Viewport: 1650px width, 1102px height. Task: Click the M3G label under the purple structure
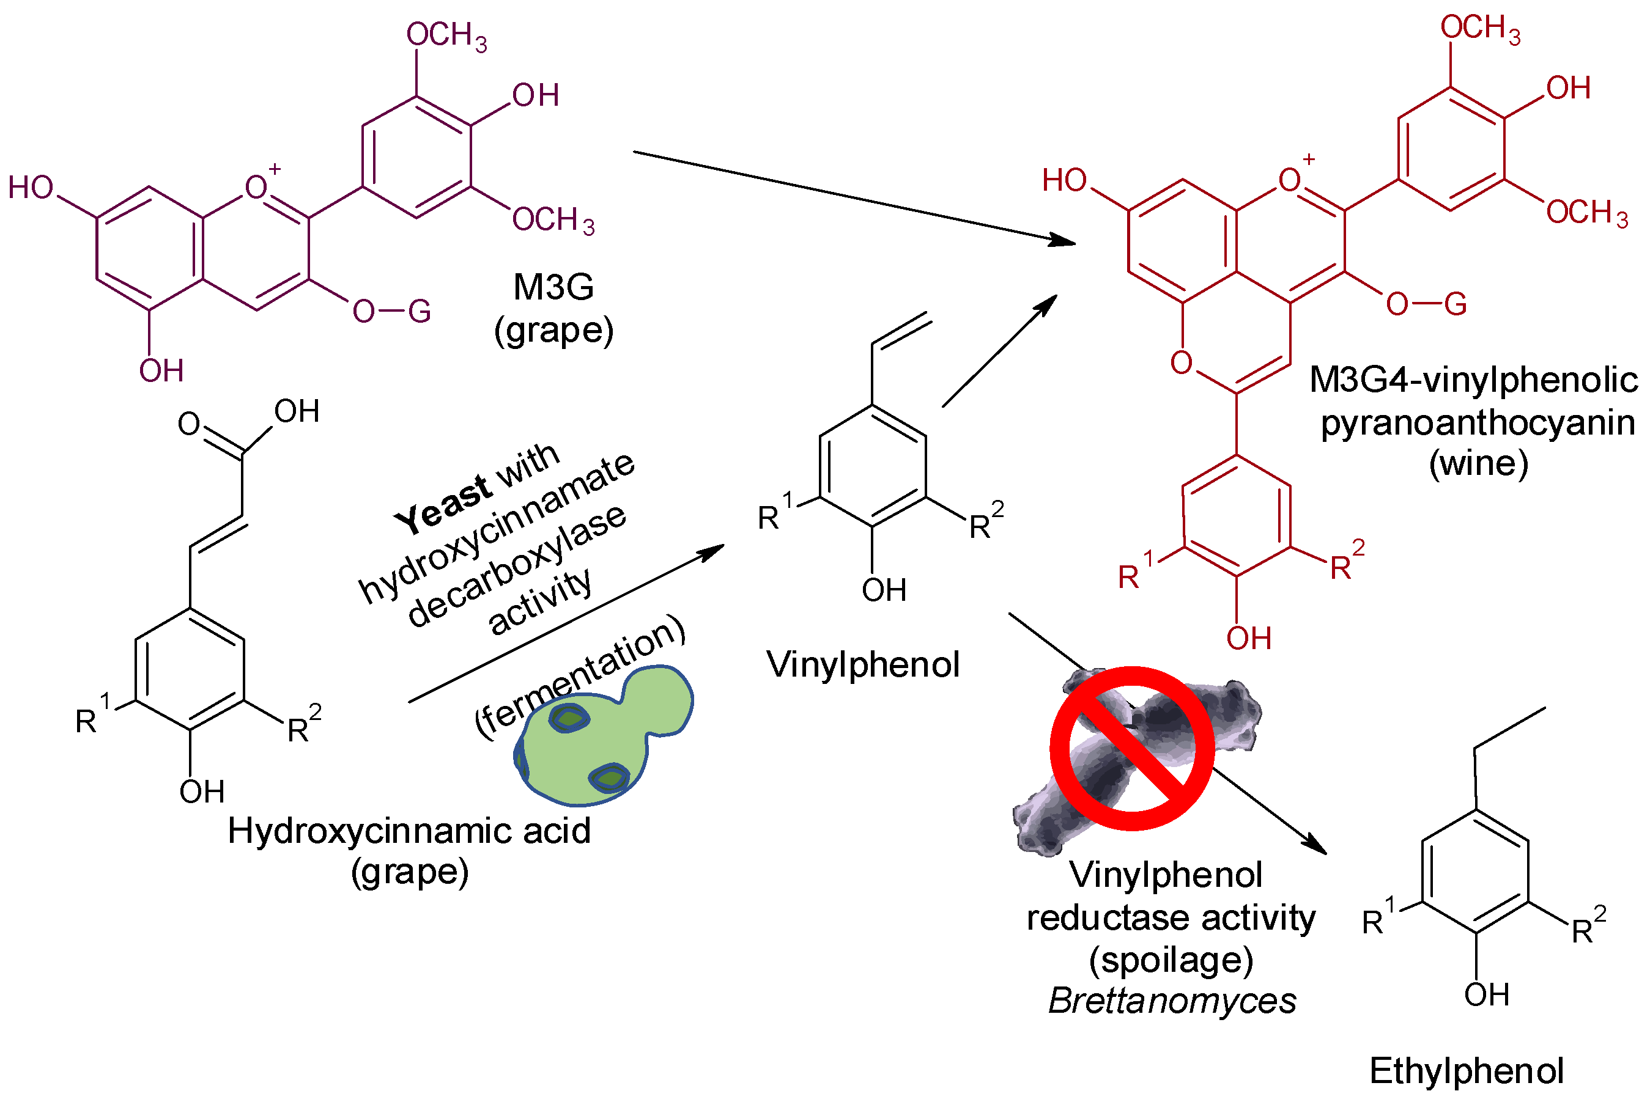point(553,287)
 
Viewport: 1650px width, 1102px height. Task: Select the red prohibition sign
point(1132,749)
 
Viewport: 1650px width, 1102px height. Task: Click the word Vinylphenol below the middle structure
point(863,665)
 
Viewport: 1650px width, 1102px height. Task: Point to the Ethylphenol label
point(1467,1071)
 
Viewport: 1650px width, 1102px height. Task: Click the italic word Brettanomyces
point(1172,1001)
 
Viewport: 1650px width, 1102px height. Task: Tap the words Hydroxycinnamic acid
point(409,831)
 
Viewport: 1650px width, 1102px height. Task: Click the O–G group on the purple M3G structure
point(391,310)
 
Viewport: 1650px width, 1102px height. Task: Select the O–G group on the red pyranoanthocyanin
point(1425,304)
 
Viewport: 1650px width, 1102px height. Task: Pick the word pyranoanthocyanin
point(1477,423)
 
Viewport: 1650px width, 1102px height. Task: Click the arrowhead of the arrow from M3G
point(1063,240)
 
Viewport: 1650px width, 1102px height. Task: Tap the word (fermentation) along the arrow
point(580,676)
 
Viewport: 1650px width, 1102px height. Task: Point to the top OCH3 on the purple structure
point(446,35)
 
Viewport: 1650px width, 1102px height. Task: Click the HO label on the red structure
point(1064,181)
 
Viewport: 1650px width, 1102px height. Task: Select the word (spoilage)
point(1171,960)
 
